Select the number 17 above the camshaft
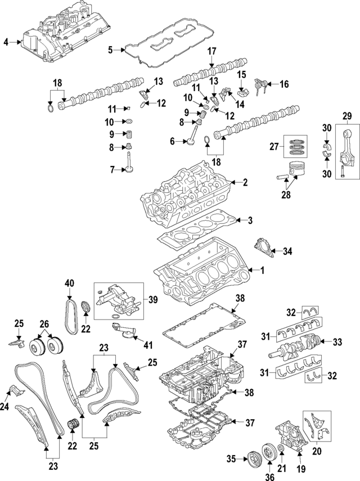[x=211, y=51]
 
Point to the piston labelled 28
[x=300, y=171]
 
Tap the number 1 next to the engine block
[x=261, y=271]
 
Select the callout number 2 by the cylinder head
[x=245, y=182]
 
